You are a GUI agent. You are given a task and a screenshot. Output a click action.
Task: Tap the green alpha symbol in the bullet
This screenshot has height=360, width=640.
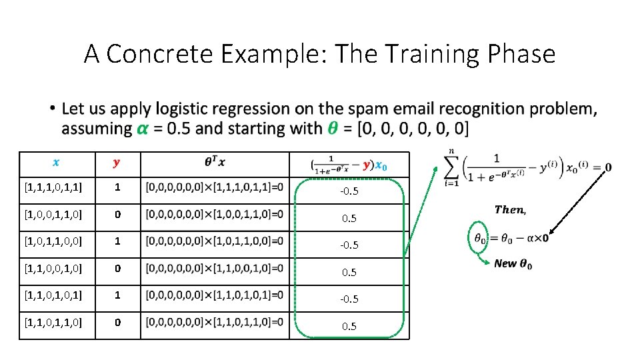(x=142, y=128)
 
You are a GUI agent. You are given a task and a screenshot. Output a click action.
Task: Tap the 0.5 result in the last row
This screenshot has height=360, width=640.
(x=349, y=326)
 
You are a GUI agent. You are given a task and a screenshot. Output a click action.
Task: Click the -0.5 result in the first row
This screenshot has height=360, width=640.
(x=349, y=191)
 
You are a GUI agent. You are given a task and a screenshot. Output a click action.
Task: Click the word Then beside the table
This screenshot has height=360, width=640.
(x=510, y=210)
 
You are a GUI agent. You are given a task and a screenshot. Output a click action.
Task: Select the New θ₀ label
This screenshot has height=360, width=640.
(x=513, y=264)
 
